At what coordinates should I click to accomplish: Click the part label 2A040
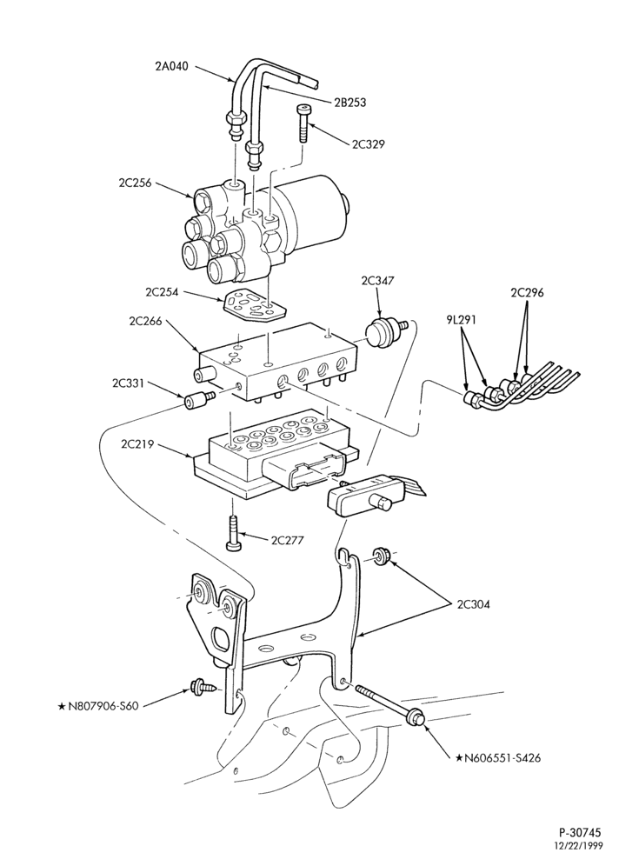tap(172, 66)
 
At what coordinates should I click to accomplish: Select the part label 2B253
tap(349, 103)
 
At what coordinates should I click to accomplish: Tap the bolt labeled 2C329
tap(303, 123)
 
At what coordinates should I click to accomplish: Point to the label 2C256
tap(136, 183)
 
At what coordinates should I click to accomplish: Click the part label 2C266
tap(145, 322)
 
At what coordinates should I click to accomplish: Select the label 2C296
tap(527, 293)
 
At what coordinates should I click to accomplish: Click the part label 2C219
tap(136, 444)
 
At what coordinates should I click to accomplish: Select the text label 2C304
tap(473, 604)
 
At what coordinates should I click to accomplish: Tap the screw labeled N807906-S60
tap(202, 687)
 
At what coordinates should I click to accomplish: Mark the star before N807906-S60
tap(62, 705)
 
